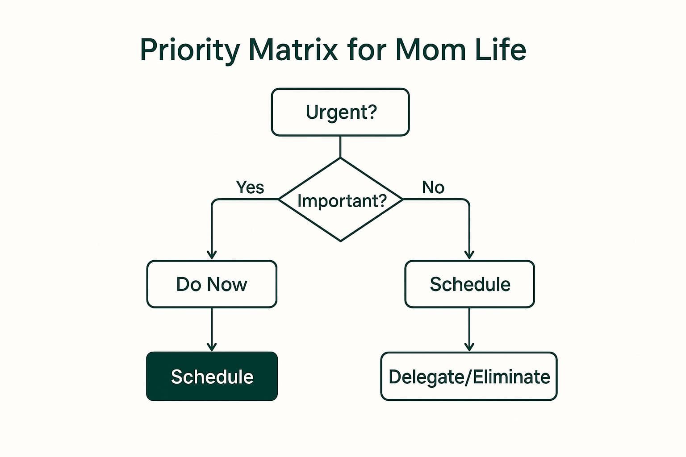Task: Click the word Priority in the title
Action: point(190,50)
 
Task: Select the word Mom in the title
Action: point(428,50)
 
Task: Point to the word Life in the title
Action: point(500,50)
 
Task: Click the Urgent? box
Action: point(340,112)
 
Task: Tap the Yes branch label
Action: point(250,187)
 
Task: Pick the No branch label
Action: point(433,187)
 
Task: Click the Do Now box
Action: point(212,284)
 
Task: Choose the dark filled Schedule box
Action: point(212,377)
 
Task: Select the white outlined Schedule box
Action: point(469,284)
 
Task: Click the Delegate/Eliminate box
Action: point(469,377)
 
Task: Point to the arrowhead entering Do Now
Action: point(212,255)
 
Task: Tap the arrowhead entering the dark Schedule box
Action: point(212,347)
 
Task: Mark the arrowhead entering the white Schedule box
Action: point(469,255)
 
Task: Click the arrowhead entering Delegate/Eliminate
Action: point(469,347)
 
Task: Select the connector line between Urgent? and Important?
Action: point(340,147)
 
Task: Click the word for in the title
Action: point(366,50)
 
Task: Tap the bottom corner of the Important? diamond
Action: point(341,241)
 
